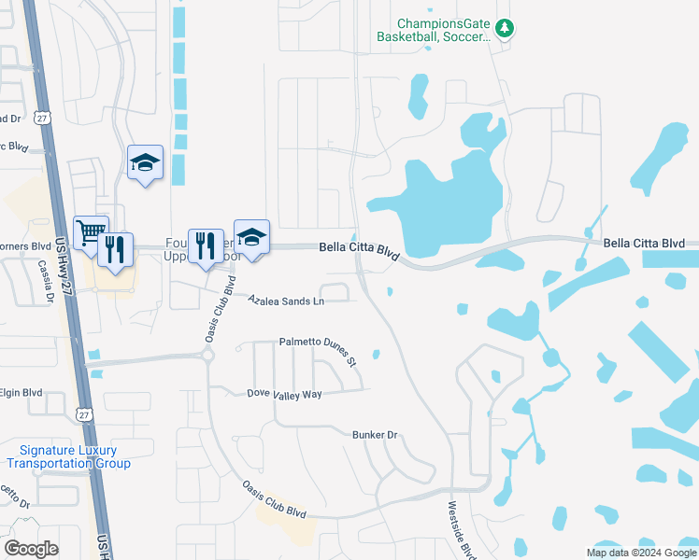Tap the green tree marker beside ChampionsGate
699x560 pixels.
click(505, 28)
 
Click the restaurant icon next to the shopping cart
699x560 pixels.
click(115, 248)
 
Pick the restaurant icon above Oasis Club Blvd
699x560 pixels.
click(206, 245)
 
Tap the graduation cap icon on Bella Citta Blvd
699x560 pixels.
click(251, 236)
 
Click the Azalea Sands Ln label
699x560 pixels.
click(286, 301)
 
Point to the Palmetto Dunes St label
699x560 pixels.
click(318, 348)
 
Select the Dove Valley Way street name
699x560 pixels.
click(284, 394)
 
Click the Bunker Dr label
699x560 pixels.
click(375, 435)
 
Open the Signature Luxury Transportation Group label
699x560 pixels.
click(68, 456)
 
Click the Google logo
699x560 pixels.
click(31, 548)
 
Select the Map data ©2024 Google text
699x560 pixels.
click(640, 553)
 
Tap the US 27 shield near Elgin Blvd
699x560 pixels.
click(85, 414)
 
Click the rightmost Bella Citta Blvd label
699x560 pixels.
click(644, 244)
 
